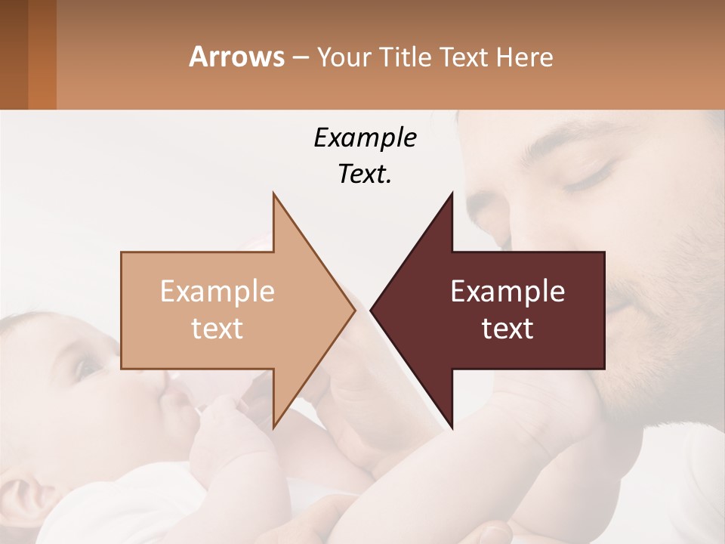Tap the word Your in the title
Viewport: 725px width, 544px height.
pyautogui.click(x=341, y=57)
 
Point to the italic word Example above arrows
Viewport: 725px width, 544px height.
pyautogui.click(x=365, y=138)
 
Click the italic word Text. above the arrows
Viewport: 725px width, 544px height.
pyautogui.click(x=365, y=175)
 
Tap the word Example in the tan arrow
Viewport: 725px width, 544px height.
pyautogui.click(x=217, y=291)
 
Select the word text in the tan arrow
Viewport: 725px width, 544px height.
pyautogui.click(x=217, y=328)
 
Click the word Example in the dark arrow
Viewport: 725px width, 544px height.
pyautogui.click(x=507, y=291)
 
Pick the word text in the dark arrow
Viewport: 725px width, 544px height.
pyautogui.click(x=507, y=328)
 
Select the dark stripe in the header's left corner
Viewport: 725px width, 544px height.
pyautogui.click(x=14, y=54)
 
